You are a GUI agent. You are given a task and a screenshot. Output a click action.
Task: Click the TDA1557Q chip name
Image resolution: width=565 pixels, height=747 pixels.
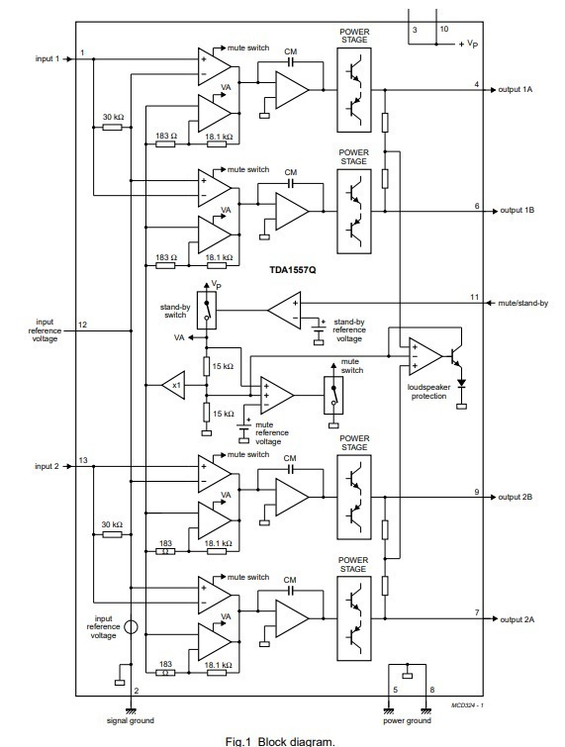[293, 270]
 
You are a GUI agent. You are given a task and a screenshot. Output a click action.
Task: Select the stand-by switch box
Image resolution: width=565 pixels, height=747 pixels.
[206, 310]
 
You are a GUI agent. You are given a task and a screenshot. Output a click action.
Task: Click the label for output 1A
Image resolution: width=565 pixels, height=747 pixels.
[515, 90]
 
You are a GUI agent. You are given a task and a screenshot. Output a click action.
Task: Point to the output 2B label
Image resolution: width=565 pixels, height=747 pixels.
[515, 497]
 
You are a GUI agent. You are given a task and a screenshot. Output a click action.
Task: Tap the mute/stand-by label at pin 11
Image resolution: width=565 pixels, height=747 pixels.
[523, 303]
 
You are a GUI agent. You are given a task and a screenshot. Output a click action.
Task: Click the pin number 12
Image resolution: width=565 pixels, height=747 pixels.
[82, 325]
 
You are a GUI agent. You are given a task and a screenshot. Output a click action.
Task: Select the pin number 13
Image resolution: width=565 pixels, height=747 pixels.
[83, 460]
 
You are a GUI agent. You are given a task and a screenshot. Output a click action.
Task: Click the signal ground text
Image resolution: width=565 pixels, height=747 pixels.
[130, 721]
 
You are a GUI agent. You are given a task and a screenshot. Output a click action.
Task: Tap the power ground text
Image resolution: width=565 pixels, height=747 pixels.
[407, 721]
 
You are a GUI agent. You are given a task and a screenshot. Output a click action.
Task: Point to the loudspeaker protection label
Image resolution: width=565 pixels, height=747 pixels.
[428, 392]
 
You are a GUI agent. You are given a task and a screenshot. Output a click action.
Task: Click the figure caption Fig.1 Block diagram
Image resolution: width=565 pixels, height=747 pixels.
[280, 741]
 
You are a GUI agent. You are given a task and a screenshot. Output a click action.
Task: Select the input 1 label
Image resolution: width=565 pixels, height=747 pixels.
[47, 58]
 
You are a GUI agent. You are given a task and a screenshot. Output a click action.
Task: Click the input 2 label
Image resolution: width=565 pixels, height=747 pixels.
[47, 466]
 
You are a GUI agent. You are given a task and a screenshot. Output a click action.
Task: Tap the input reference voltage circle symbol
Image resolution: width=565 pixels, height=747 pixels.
[131, 627]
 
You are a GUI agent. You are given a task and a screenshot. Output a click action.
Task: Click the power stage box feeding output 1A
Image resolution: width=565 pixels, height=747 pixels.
[354, 90]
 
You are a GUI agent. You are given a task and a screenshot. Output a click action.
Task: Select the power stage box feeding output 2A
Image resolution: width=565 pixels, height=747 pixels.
[354, 618]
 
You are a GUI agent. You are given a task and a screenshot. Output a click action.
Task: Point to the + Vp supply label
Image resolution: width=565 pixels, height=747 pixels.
[468, 44]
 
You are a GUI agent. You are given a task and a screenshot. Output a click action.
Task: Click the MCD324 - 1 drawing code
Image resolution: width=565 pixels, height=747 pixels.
[467, 705]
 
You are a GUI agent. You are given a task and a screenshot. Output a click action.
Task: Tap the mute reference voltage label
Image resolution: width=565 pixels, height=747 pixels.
[271, 433]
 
